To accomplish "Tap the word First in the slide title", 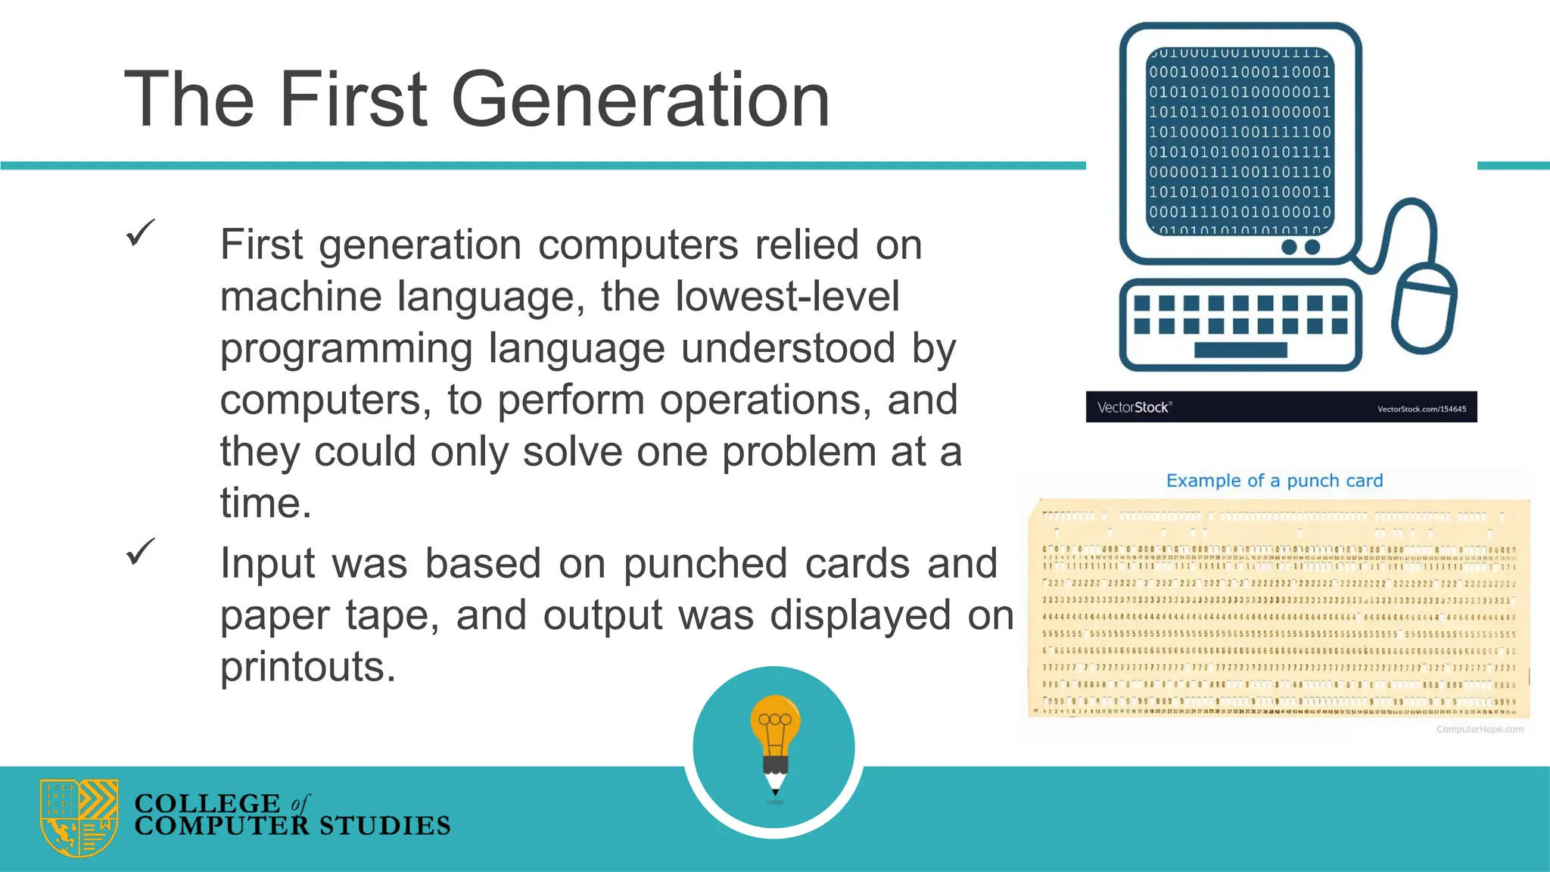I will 353,99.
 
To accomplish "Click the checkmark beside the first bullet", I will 140,232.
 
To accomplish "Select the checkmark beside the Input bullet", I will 140,551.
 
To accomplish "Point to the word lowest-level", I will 787,296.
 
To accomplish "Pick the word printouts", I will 307,667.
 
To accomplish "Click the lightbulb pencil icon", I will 775,745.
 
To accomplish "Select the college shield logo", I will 79,817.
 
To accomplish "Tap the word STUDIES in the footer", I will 384,826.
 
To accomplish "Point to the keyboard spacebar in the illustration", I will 1240,350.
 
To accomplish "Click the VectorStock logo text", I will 1134,407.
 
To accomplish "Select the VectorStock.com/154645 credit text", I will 1421,409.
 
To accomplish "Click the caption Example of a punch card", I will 1275,481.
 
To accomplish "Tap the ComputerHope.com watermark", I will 1480,729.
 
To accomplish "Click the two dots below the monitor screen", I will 1300,247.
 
